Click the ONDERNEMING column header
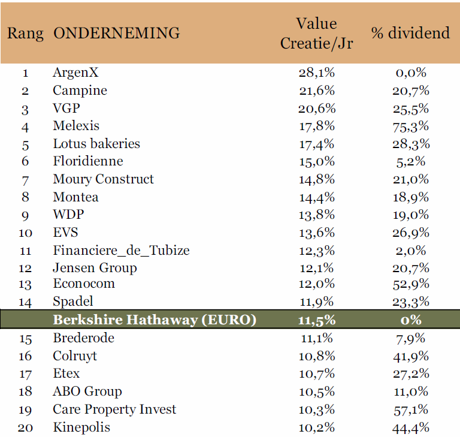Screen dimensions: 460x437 [x=116, y=33]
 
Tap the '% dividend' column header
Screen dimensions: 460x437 [x=410, y=33]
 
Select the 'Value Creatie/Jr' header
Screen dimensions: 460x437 [x=316, y=34]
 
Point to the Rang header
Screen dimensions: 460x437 [x=25, y=34]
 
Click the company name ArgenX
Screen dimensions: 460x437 [x=75, y=73]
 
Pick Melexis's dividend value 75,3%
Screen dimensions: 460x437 [x=411, y=126]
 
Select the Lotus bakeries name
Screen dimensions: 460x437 [x=96, y=144]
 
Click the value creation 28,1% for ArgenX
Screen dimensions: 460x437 [x=317, y=73]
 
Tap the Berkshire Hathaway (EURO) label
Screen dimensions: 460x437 [x=155, y=320]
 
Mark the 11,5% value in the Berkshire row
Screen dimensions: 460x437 [x=317, y=320]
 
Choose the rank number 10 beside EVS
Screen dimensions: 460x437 [x=25, y=233]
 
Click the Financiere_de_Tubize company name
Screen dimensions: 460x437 [x=121, y=251]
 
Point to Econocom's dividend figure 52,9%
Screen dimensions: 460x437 [x=411, y=284]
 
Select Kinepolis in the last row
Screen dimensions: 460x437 [x=81, y=427]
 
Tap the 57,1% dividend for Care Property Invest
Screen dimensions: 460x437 [x=411, y=410]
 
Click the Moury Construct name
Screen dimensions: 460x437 [x=103, y=179]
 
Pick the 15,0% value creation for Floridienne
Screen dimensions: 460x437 [x=317, y=161]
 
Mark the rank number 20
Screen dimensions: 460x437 [x=25, y=428]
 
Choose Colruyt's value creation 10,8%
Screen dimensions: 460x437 [x=317, y=356]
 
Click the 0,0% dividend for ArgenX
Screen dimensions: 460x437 [x=411, y=73]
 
